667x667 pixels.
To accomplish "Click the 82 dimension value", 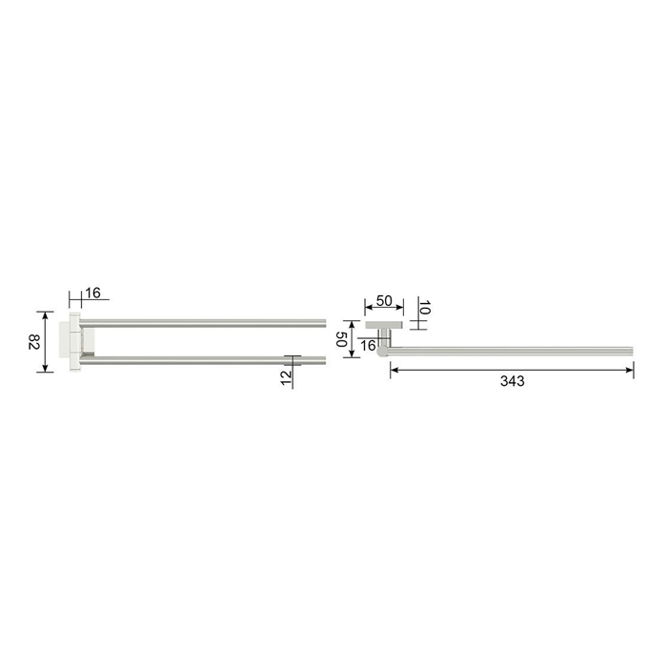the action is (34, 342).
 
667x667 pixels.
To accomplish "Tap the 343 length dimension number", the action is (513, 381).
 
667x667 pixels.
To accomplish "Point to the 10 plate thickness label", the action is (425, 307).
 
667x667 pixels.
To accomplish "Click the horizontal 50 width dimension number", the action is (384, 301).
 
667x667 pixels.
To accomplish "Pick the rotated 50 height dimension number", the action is (342, 339).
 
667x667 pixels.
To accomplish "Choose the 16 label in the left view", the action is (92, 293).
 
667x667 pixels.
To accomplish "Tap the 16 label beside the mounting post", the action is (368, 345).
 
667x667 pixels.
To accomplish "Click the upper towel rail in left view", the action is (202, 323).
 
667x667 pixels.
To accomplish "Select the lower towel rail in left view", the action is (202, 361).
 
